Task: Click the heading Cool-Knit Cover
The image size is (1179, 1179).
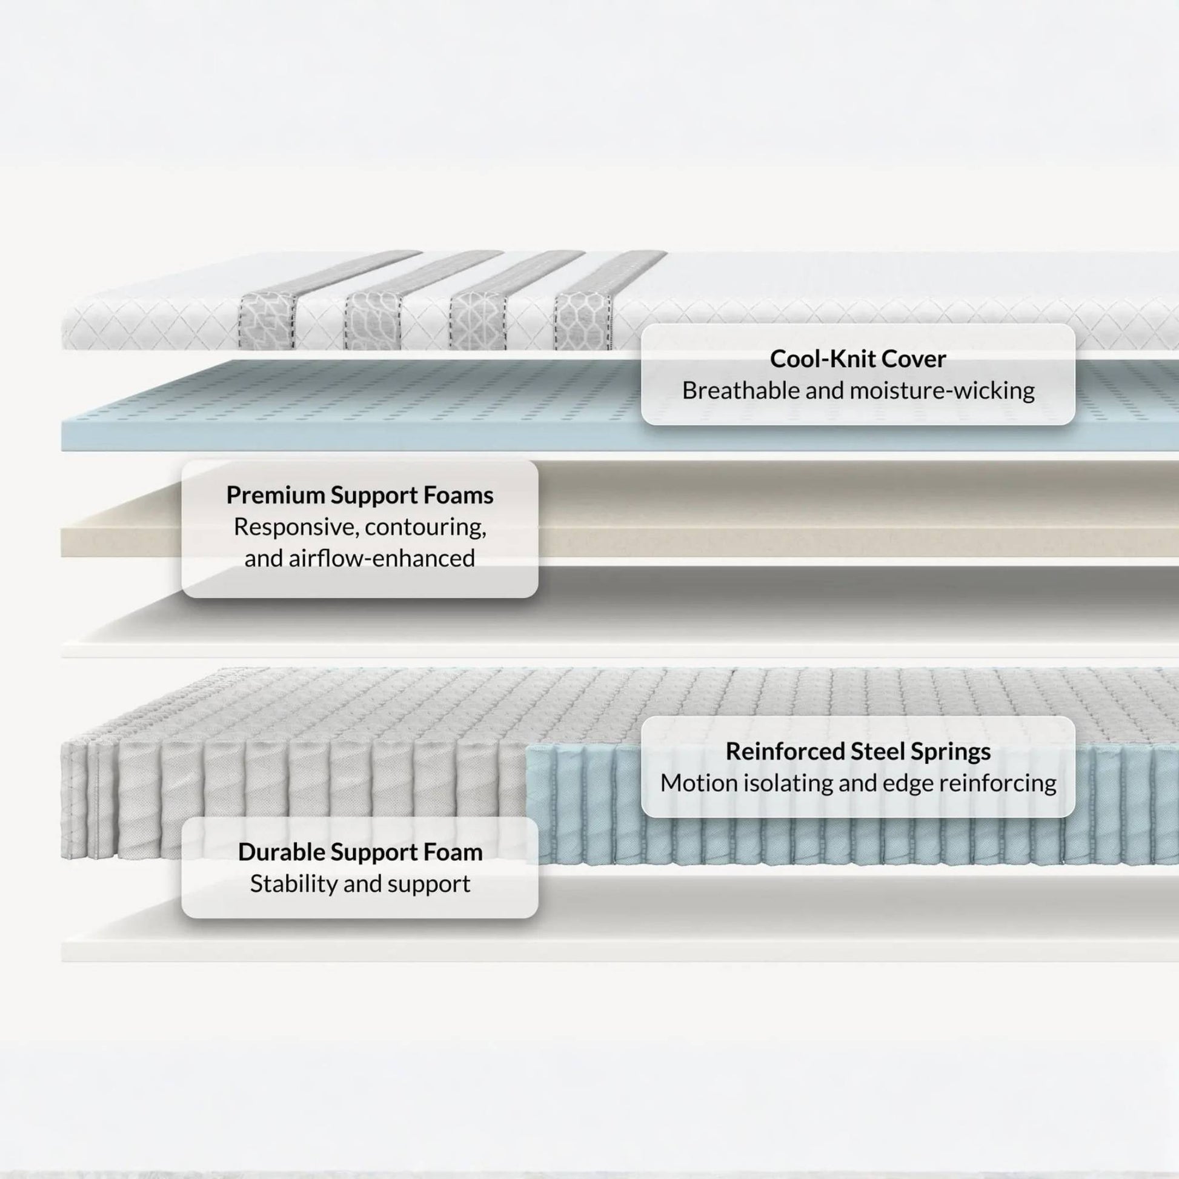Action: pos(857,359)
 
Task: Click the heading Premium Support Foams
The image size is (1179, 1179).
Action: pos(360,496)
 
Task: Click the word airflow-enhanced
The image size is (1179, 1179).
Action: pos(382,559)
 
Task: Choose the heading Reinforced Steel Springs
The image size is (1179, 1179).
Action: pos(858,752)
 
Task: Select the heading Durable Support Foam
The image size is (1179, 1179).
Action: pos(360,852)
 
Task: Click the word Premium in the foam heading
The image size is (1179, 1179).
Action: pos(275,496)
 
